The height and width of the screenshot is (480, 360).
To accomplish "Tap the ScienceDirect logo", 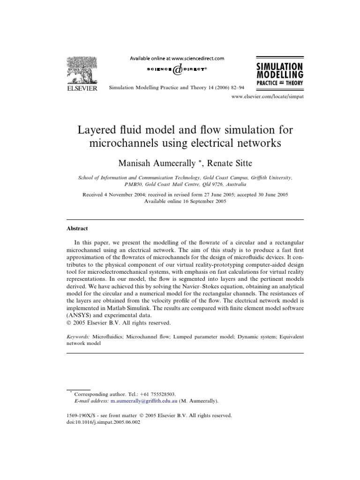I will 177,69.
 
